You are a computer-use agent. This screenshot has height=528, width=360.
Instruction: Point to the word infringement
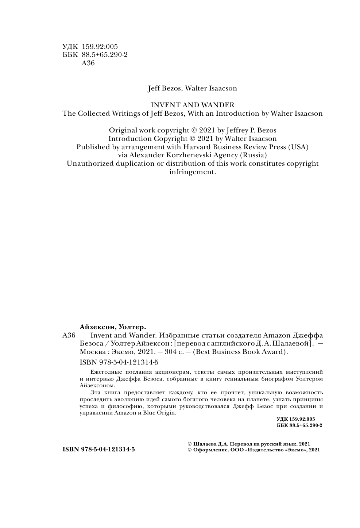[193, 172]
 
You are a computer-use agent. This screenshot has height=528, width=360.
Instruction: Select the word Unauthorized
[90, 163]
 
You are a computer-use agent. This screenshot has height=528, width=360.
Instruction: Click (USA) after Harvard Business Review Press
[298, 147]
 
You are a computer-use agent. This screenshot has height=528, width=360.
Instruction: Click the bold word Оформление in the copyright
[210, 450]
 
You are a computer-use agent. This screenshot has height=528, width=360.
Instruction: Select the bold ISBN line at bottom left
[99, 449]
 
